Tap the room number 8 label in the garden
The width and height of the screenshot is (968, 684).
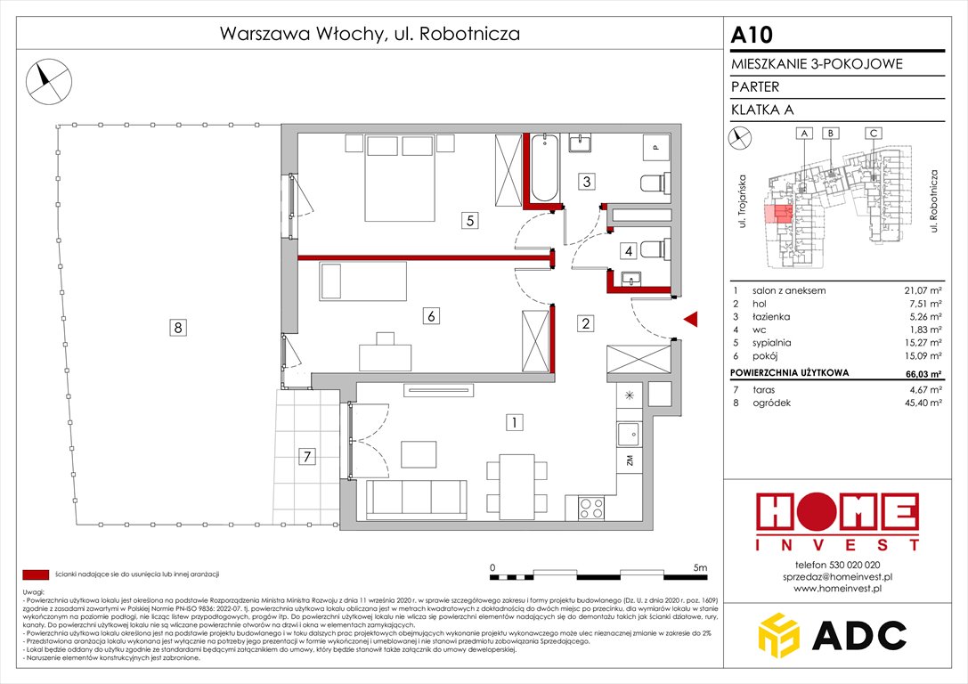(179, 329)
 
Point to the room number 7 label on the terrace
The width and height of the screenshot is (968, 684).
(307, 458)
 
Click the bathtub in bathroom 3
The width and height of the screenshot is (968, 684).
(542, 167)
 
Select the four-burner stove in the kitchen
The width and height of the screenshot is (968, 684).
(593, 508)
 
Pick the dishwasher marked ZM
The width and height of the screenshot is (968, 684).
(629, 460)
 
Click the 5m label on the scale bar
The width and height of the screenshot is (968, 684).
(699, 567)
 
